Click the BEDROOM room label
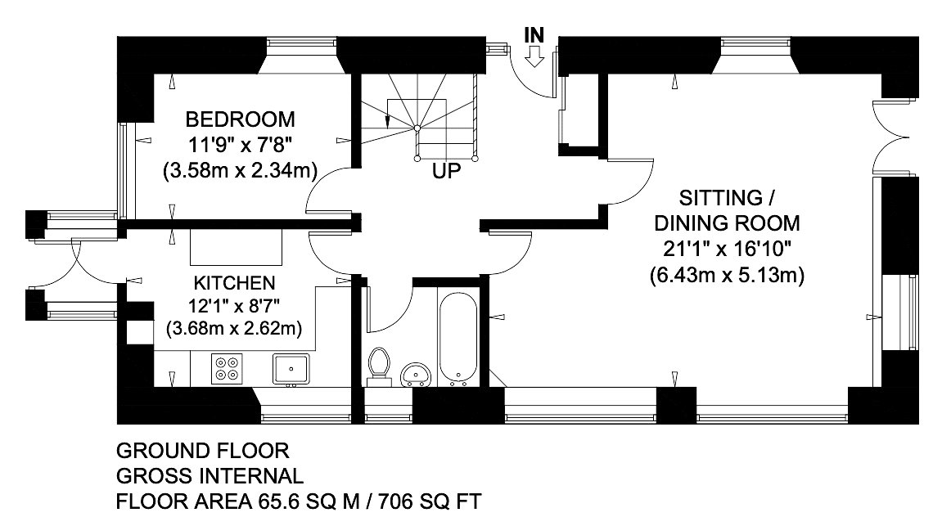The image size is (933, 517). click(240, 119)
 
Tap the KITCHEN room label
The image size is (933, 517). click(234, 282)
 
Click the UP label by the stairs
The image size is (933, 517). click(446, 171)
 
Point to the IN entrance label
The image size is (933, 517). click(534, 36)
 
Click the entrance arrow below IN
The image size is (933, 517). click(534, 58)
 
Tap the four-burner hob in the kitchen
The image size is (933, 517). click(227, 369)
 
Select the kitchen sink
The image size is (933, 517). click(291, 370)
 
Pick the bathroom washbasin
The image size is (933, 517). click(415, 375)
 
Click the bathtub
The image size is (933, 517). click(457, 338)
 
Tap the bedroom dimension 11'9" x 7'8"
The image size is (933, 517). click(240, 145)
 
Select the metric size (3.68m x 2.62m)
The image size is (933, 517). click(234, 328)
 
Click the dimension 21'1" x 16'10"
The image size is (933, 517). click(727, 249)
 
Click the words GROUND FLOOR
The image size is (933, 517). click(203, 451)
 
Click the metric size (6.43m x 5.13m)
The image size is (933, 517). click(727, 275)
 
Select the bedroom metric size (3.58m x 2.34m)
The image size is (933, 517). click(240, 171)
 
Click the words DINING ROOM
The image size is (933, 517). click(727, 223)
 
